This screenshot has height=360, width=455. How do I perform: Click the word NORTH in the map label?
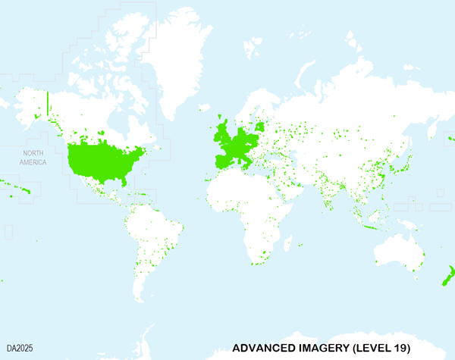(x=33, y=153)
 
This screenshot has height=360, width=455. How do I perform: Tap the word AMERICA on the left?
(x=33, y=162)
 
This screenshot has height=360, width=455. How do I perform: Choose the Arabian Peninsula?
(x=284, y=189)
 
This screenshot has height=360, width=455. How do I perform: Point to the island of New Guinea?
(x=409, y=223)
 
